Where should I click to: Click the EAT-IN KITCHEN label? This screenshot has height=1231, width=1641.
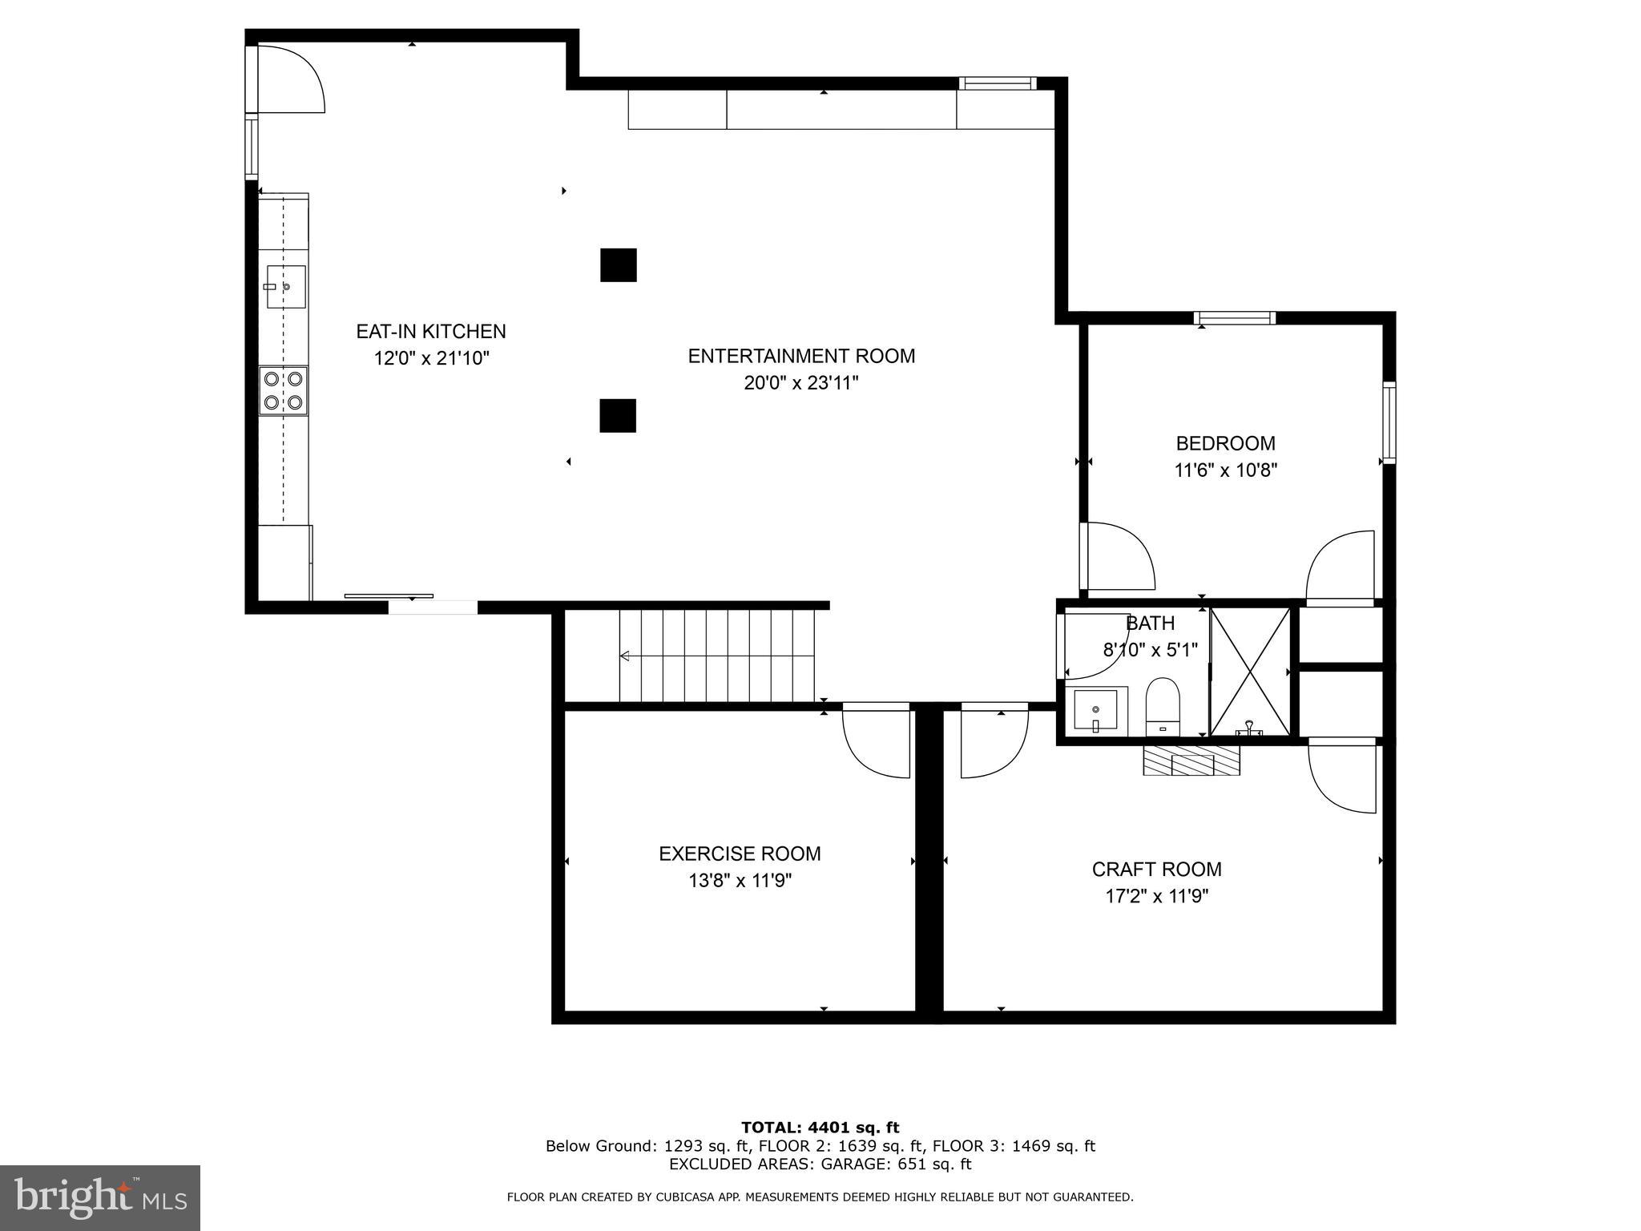pyautogui.click(x=430, y=331)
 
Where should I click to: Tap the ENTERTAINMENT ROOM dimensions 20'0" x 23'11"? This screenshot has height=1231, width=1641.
pyautogui.click(x=800, y=383)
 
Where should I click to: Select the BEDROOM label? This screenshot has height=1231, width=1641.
pyautogui.click(x=1225, y=443)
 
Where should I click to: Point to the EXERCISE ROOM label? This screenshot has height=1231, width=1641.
pyautogui.click(x=740, y=854)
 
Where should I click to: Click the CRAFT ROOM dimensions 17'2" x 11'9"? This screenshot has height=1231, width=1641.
pyautogui.click(x=1156, y=896)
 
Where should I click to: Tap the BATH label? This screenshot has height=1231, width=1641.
pyautogui.click(x=1151, y=623)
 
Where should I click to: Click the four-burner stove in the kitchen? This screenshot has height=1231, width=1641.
pyautogui.click(x=284, y=390)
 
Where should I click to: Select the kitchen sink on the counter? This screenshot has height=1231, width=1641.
pyautogui.click(x=285, y=286)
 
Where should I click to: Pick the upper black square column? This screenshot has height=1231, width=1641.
pyautogui.click(x=619, y=265)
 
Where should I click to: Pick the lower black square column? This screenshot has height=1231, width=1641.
pyautogui.click(x=618, y=416)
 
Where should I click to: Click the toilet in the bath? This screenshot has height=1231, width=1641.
pyautogui.click(x=1163, y=706)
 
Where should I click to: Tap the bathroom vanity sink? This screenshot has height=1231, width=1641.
pyautogui.click(x=1095, y=710)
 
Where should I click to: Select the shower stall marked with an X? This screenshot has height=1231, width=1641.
pyautogui.click(x=1250, y=672)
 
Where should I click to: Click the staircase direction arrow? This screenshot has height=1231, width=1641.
pyautogui.click(x=626, y=656)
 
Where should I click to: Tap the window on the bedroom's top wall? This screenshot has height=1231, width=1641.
pyautogui.click(x=1234, y=318)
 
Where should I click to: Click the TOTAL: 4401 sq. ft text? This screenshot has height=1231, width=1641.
pyautogui.click(x=820, y=1128)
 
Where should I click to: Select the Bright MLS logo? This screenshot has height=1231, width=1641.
pyautogui.click(x=100, y=1197)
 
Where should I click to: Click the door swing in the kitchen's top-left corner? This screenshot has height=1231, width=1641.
pyautogui.click(x=290, y=79)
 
